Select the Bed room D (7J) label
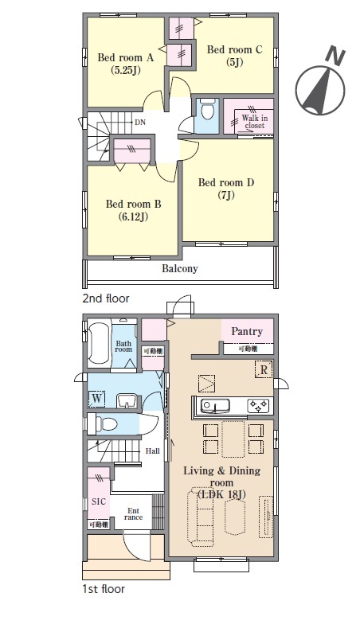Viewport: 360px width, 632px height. click(x=226, y=189)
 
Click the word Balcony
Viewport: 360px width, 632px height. click(x=180, y=268)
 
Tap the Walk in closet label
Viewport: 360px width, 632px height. click(x=254, y=122)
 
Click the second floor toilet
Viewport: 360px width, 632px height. click(x=207, y=110)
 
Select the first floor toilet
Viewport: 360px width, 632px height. click(x=103, y=424)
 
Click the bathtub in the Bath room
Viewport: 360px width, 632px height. click(x=98, y=342)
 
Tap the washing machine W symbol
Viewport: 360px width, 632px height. click(x=96, y=399)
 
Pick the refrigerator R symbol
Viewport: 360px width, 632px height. click(x=264, y=370)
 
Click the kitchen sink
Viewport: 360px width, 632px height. click(x=215, y=405)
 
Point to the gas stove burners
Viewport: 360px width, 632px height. click(x=258, y=404)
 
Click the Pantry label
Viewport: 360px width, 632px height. click(x=247, y=331)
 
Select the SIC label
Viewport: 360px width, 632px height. click(x=99, y=501)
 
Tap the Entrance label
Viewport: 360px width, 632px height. click(x=134, y=514)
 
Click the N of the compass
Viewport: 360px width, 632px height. click(x=336, y=56)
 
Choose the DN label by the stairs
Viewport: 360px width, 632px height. click(x=140, y=122)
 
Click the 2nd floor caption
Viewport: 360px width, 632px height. click(x=106, y=298)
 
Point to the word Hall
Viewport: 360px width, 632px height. click(x=152, y=451)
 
